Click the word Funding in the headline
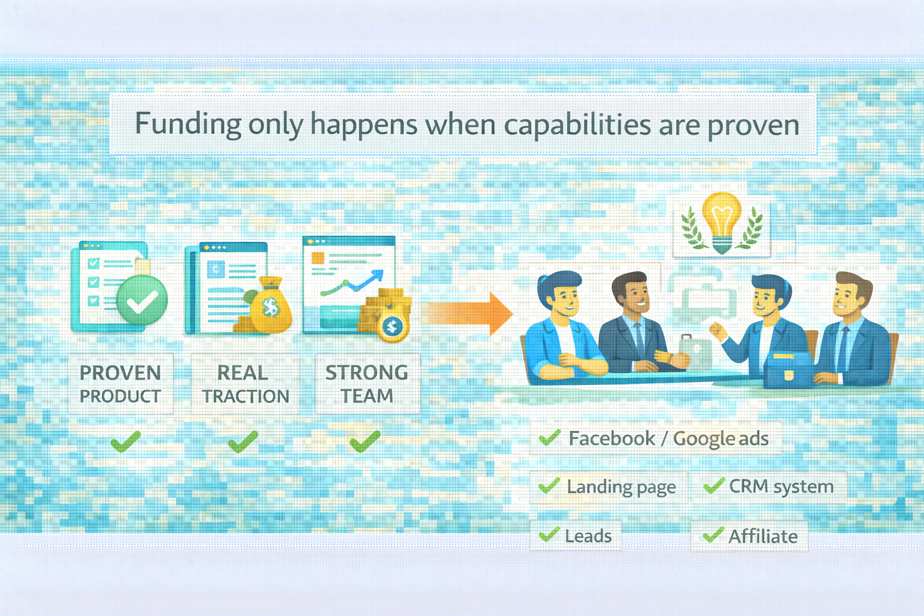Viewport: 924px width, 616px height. point(188,124)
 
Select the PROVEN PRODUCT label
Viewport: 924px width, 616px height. point(120,384)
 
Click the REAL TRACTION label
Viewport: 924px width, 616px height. point(245,384)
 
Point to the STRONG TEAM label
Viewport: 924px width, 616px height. point(367,384)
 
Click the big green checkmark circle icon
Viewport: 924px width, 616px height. point(142,300)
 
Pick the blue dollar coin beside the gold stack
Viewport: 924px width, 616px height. point(392,327)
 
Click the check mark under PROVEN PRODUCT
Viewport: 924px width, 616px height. point(126,442)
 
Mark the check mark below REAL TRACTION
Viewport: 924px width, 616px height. point(244,442)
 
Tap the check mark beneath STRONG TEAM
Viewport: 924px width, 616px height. point(365,442)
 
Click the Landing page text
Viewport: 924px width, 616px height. point(621,487)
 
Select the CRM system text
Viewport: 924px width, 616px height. point(781,487)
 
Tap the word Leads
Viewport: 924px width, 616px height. point(588,536)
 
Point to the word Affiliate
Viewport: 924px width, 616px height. point(763,537)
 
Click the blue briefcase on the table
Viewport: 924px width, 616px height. point(789,370)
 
